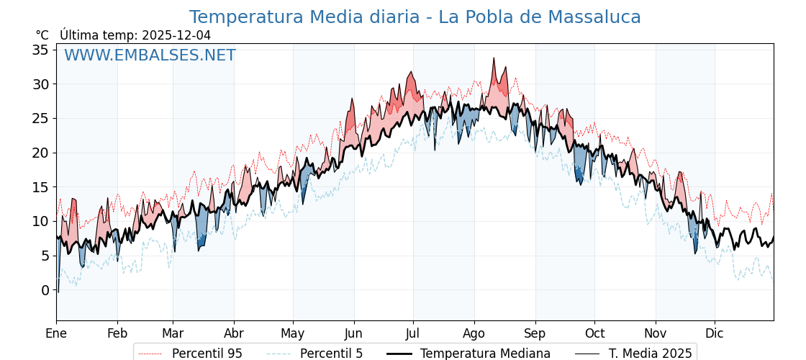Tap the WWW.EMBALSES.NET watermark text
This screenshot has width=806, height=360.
tap(150, 55)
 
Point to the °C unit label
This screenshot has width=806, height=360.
tap(42, 35)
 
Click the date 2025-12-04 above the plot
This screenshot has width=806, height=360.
tap(176, 35)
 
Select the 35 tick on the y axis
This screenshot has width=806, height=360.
tap(40, 50)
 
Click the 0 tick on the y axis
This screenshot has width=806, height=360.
tap(45, 290)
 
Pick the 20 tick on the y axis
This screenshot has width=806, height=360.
tap(40, 153)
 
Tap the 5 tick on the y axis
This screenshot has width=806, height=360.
tap(45, 256)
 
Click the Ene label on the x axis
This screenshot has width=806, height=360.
tap(56, 333)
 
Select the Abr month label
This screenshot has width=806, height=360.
tap(234, 333)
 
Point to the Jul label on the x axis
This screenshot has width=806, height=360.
tap(413, 333)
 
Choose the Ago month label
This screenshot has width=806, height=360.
tap(474, 333)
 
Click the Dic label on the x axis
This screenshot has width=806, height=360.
tap(715, 333)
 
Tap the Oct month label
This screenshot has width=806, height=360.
tap(594, 333)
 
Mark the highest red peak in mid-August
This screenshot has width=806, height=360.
tap(494, 58)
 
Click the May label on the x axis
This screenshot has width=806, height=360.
tap(293, 333)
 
